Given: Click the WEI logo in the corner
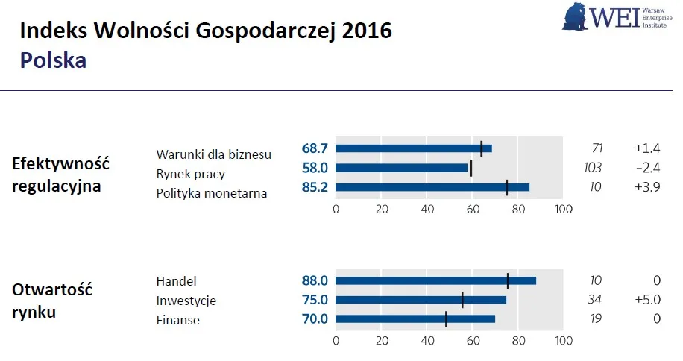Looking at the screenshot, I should [x=617, y=16].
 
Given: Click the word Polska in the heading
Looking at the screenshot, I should [x=53, y=60].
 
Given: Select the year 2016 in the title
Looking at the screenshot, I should [x=366, y=31].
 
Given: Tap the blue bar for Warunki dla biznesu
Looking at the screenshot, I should [x=414, y=148].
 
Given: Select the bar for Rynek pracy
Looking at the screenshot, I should [x=402, y=168].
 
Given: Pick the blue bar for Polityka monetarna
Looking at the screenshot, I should [x=432, y=187].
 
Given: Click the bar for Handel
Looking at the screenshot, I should [x=435, y=280].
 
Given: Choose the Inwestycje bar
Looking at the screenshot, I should [x=421, y=300].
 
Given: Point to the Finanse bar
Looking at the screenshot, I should [x=415, y=319].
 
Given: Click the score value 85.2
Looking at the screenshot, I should [x=315, y=187].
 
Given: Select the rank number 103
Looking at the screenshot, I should [x=592, y=168].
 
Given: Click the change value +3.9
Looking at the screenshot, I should [x=647, y=187].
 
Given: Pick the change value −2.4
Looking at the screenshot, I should [x=647, y=168].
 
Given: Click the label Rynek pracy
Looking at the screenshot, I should [x=190, y=174].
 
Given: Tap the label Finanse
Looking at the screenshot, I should [x=177, y=321].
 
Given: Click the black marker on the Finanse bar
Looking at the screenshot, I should [x=446, y=319].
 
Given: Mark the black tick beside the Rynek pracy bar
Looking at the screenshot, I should [x=471, y=168].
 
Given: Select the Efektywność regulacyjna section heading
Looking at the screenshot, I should [x=60, y=175].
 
